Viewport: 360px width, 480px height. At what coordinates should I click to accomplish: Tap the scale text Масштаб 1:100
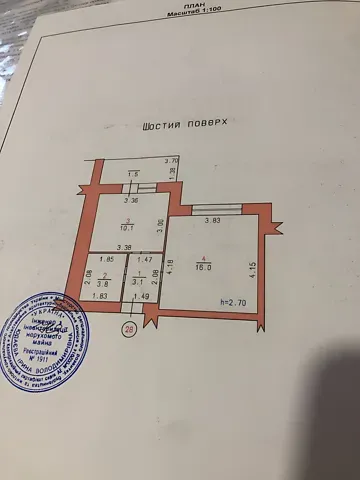pyautogui.click(x=196, y=14)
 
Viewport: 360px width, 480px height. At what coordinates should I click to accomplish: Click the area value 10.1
pyautogui.click(x=128, y=226)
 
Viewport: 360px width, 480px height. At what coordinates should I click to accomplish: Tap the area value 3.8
pyautogui.click(x=104, y=282)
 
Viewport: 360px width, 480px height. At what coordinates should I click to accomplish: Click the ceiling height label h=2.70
pyautogui.click(x=233, y=301)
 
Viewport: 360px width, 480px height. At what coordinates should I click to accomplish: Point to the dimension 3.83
pyautogui.click(x=212, y=220)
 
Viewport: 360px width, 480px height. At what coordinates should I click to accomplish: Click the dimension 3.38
pyautogui.click(x=125, y=248)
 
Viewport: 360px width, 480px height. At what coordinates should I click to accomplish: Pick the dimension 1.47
pyautogui.click(x=144, y=260)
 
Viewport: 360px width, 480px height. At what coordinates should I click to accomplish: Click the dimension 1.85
pyautogui.click(x=107, y=260)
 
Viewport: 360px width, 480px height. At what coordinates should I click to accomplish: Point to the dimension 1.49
pyautogui.click(x=141, y=296)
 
